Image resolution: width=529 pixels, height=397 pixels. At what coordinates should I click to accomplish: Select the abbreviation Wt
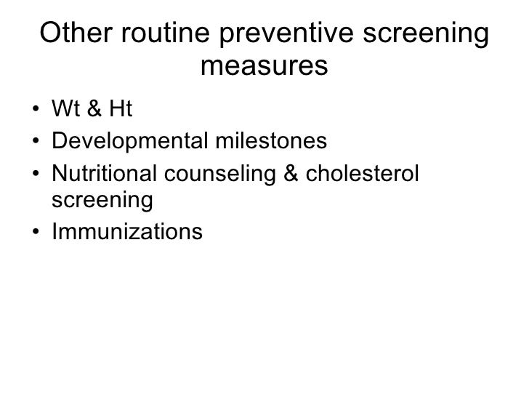tap(65, 110)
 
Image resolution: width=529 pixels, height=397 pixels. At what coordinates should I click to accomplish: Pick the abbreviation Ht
tap(118, 110)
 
